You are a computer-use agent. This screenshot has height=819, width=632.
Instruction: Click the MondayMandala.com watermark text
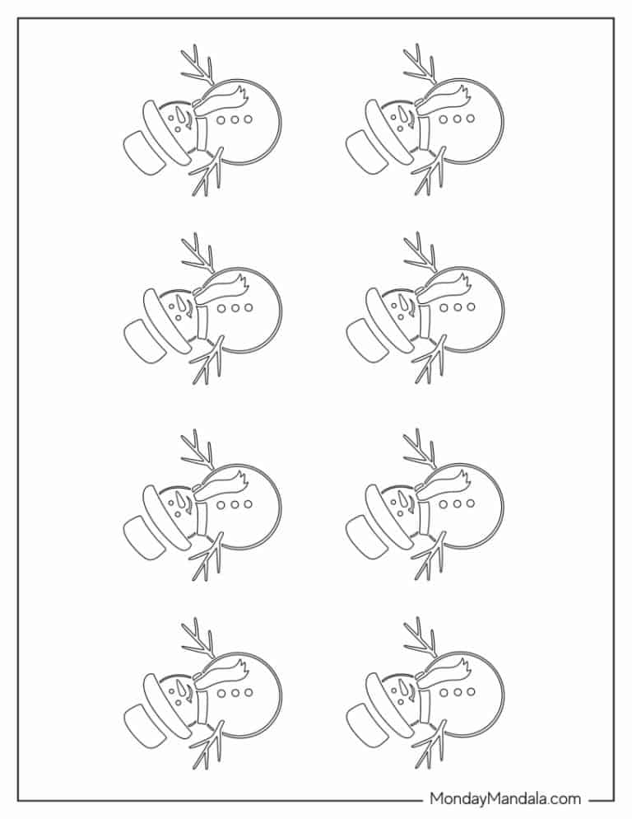coord(505,798)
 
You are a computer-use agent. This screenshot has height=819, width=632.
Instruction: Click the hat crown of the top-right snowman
coord(365,152)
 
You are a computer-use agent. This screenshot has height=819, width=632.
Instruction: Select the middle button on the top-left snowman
coord(235,119)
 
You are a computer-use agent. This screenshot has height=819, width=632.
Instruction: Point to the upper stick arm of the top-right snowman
coord(421,66)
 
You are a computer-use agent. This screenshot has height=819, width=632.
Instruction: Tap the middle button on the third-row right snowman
coord(458,504)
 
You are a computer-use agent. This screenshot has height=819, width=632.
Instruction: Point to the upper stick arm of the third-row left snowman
coord(197,450)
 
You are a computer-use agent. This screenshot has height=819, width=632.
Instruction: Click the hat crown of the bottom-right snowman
coord(365,725)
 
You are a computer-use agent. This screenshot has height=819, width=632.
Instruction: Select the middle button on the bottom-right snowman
coord(458,693)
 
